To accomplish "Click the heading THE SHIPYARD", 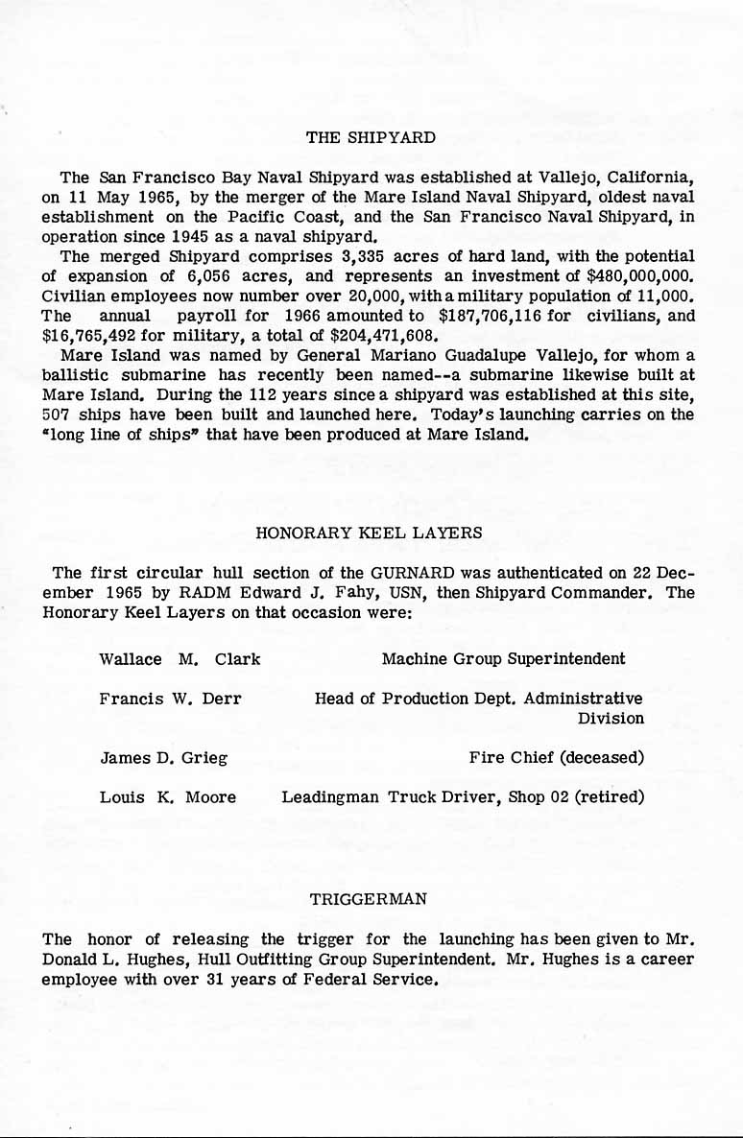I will coord(371,137).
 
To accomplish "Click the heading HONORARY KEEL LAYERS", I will coord(370,532).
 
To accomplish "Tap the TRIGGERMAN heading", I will coord(370,899).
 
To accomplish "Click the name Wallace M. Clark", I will coord(180,659).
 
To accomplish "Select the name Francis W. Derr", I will coord(170,699).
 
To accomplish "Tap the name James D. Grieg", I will coord(163,758).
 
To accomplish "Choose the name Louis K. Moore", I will coord(167,797).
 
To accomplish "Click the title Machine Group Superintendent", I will coord(503,659).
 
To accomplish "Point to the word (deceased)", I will coord(602,758).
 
